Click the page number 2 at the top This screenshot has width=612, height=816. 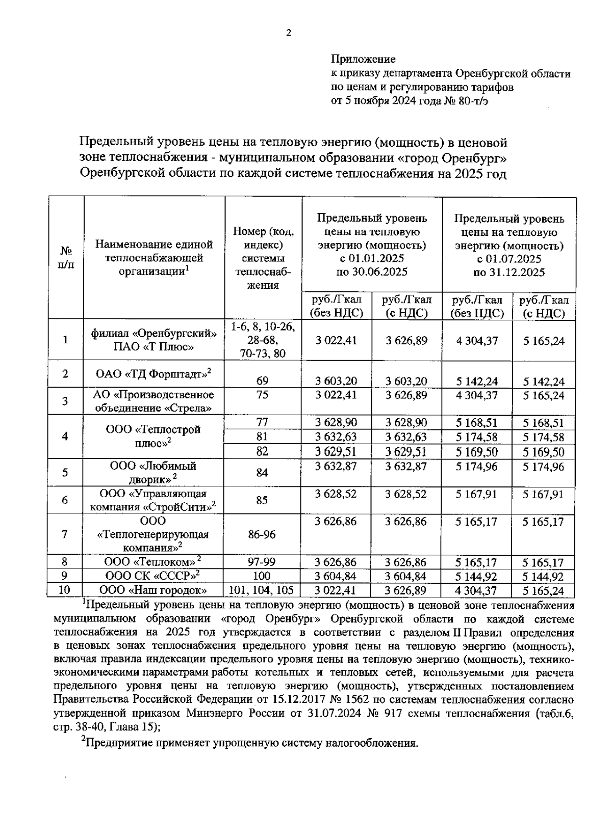click(288, 34)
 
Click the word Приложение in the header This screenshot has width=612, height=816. click(363, 59)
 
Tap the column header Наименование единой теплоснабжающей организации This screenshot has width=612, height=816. click(154, 258)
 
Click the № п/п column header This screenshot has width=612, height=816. click(65, 258)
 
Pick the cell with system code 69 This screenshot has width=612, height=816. click(263, 380)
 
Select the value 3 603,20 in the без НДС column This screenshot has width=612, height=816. click(336, 381)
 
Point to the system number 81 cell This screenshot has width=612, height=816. click(262, 437)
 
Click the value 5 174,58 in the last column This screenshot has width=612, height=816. click(544, 437)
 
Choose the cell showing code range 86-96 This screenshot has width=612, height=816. click(262, 534)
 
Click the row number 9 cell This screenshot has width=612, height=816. click(65, 576)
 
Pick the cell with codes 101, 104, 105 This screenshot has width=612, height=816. click(262, 590)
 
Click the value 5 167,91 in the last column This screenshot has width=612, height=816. click(544, 494)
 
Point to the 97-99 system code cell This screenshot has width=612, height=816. click(262, 562)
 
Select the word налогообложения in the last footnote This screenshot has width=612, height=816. click(375, 743)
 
